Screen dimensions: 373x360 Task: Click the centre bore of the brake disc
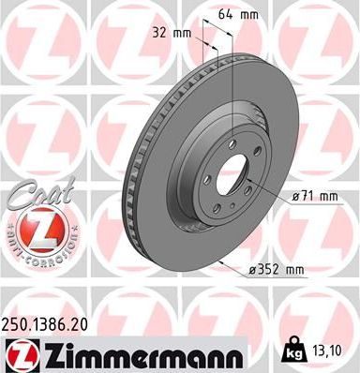tap(233, 179)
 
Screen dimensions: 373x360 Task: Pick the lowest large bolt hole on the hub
tap(225, 212)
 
